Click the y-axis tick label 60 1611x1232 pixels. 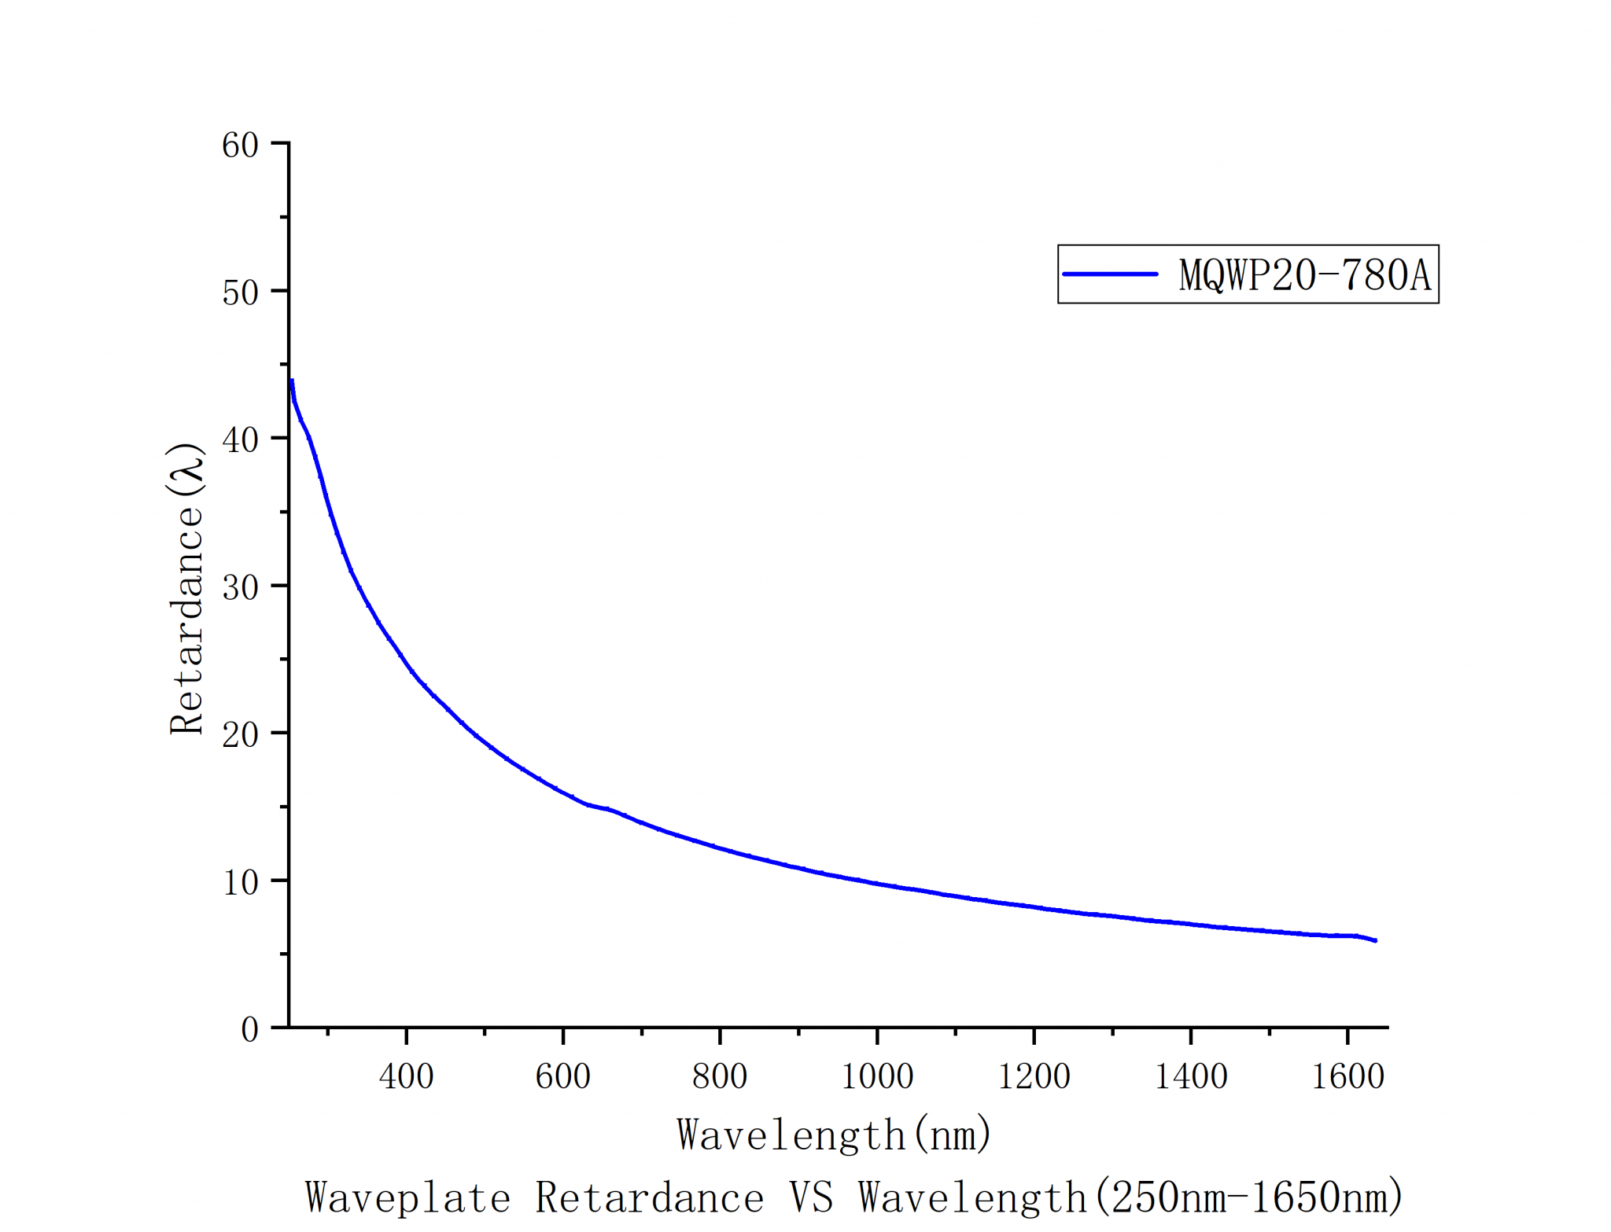tap(240, 145)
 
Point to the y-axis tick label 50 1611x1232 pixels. tap(240, 293)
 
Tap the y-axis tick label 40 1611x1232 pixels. tap(240, 440)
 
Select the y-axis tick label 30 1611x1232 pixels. tap(240, 587)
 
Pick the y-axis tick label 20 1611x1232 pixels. tap(240, 735)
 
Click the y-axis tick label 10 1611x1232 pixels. tap(240, 882)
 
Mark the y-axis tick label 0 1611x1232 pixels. tap(249, 1029)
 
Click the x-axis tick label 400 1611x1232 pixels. tap(406, 1076)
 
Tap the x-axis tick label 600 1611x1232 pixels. tap(562, 1076)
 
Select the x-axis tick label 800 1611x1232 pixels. tap(720, 1076)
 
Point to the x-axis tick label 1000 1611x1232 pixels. tap(877, 1076)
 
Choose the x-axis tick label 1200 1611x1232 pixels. tap(1034, 1076)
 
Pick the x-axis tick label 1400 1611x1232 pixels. tap(1191, 1076)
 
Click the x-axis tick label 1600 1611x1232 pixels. tap(1347, 1076)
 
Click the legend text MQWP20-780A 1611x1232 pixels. tap(1304, 275)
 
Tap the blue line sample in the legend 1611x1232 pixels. tap(1110, 274)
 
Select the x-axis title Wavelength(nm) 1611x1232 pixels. tap(834, 1135)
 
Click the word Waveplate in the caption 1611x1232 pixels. tap(407, 1197)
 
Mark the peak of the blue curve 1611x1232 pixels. tap(292, 381)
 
